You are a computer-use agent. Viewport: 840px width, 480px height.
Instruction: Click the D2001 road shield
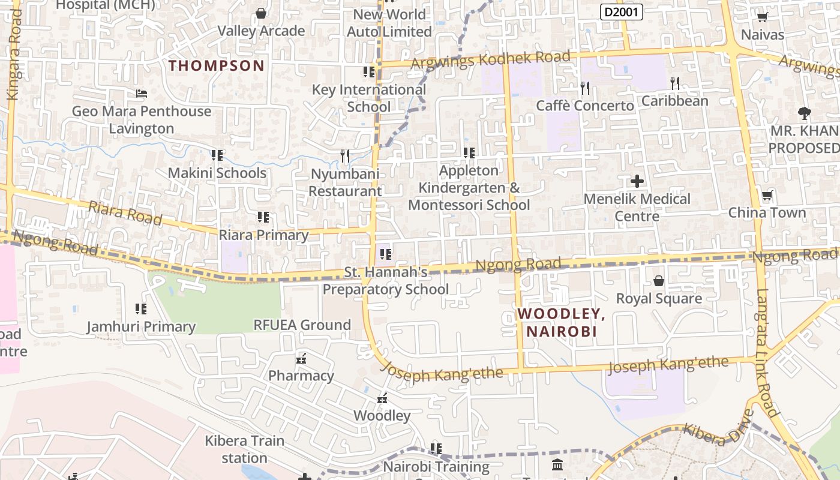click(621, 11)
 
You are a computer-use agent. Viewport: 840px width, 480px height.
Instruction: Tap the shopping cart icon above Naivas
click(762, 17)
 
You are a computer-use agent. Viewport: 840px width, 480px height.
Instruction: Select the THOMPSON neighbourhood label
click(216, 65)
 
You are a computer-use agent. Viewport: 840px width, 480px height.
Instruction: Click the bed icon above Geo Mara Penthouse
click(142, 94)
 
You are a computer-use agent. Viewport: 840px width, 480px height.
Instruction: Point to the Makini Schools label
click(217, 173)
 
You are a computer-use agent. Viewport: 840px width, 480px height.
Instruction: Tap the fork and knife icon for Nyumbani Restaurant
click(345, 156)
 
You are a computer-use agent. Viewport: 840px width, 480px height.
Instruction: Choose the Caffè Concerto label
click(584, 106)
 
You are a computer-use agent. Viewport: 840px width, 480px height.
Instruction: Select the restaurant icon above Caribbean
click(675, 83)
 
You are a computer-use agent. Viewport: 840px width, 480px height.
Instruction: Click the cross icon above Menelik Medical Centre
click(637, 181)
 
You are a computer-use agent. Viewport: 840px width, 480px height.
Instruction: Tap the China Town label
click(767, 212)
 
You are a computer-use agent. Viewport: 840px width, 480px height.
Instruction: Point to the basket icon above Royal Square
click(659, 281)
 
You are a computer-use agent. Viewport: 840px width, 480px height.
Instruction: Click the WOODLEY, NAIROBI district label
click(561, 322)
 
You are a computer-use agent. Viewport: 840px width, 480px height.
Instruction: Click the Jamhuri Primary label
click(141, 327)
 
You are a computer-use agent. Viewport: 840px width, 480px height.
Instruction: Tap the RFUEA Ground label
click(302, 325)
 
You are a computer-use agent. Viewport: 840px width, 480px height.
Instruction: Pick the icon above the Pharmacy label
click(301, 359)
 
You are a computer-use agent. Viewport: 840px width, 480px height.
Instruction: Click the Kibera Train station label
click(244, 449)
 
